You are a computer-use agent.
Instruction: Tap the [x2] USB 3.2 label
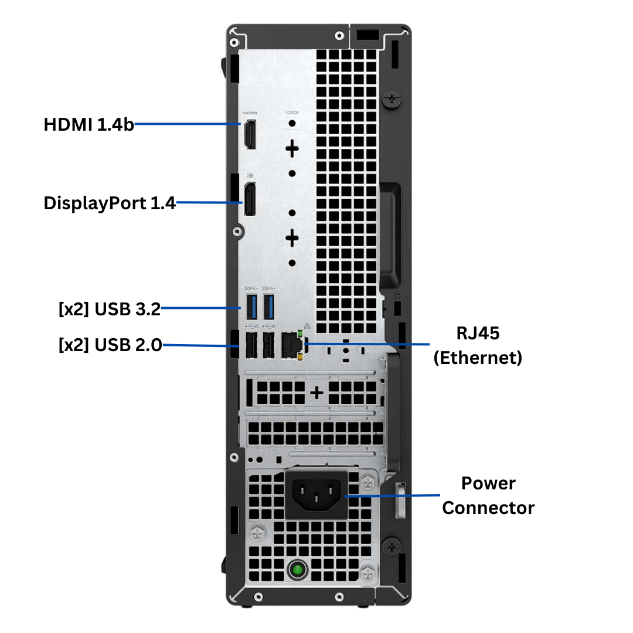[110, 309]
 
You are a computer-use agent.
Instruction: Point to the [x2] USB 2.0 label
[110, 345]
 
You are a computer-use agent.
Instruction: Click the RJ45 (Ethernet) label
[477, 345]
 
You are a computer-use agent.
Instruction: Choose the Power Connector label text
[488, 495]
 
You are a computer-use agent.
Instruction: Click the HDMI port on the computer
[250, 134]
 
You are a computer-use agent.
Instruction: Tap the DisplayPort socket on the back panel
[250, 200]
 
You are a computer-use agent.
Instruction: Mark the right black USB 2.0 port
[269, 346]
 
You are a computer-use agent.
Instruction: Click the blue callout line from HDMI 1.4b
[188, 124]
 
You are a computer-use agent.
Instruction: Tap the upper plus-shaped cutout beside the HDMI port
[292, 148]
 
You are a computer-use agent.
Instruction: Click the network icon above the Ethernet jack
[306, 326]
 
